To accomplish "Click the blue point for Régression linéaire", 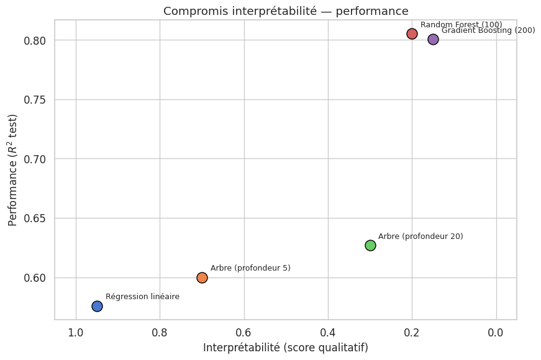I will pos(97,306).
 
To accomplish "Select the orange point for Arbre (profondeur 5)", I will pos(202,277).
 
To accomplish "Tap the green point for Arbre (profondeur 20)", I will pos(370,245).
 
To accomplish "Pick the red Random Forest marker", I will pos(412,34).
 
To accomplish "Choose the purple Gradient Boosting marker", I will pos(433,39).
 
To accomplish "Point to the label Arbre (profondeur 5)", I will pos(250,268).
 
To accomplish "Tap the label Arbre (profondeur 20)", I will pos(421,236).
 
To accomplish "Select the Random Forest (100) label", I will pos(461,25).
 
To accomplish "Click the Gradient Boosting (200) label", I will pos(488,30).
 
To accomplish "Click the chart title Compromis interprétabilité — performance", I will pos(285,11).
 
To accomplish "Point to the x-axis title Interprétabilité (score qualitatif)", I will pos(285,348).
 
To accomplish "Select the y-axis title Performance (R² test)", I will pos(13,169).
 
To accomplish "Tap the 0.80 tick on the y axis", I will pos(36,40).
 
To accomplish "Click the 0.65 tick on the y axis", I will pos(36,218).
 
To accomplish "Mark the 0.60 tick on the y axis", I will pos(36,277).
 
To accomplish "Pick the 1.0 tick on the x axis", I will pos(76,333).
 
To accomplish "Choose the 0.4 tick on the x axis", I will pos(328,333).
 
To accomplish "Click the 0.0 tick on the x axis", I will pos(496,333).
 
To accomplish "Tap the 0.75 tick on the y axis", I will pos(36,100).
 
